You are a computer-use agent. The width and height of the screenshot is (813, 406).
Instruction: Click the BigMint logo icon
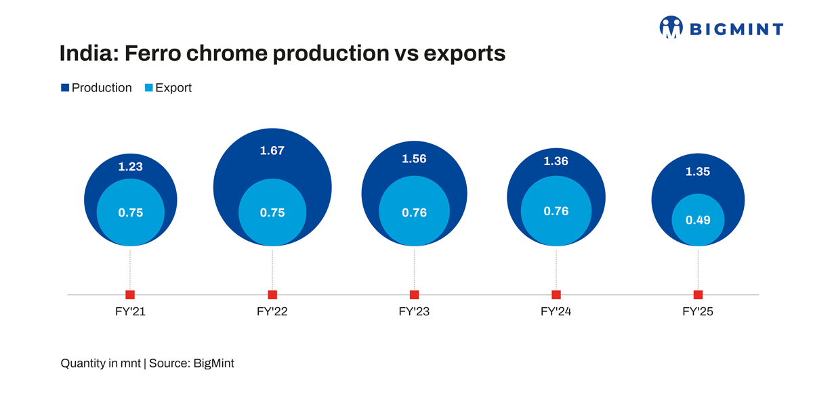pyautogui.click(x=671, y=27)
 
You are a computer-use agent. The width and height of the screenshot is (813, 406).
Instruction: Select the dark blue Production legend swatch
pyautogui.click(x=65, y=88)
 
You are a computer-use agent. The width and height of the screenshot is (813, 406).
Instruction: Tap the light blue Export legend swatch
pyautogui.click(x=149, y=88)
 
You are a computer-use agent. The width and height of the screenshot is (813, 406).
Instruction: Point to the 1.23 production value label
pyautogui.click(x=130, y=166)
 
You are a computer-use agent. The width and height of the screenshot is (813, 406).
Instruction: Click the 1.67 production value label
pyautogui.click(x=272, y=151)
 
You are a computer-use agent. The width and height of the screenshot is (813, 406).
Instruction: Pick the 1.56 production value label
pyautogui.click(x=414, y=158)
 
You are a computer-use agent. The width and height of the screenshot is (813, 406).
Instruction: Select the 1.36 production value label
pyautogui.click(x=556, y=161)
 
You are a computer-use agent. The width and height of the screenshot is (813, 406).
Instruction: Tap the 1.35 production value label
pyautogui.click(x=697, y=172)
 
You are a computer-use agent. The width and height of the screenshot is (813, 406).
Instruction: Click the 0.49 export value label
pyautogui.click(x=697, y=220)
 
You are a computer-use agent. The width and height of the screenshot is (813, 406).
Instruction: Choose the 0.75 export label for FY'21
pyautogui.click(x=130, y=212)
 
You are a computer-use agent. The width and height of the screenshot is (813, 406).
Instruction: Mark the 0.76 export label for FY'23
pyautogui.click(x=414, y=212)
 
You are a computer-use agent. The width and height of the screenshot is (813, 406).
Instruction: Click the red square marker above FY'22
pyautogui.click(x=272, y=294)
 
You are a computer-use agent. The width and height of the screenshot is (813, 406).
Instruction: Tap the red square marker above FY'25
pyautogui.click(x=698, y=294)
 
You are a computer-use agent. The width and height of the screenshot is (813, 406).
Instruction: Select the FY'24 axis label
pyautogui.click(x=556, y=313)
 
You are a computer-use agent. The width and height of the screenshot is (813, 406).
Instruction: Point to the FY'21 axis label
pyautogui.click(x=130, y=313)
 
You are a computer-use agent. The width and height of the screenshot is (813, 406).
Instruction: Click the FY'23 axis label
pyautogui.click(x=414, y=313)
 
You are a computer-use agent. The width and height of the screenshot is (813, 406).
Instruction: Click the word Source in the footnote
pyautogui.click(x=169, y=363)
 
